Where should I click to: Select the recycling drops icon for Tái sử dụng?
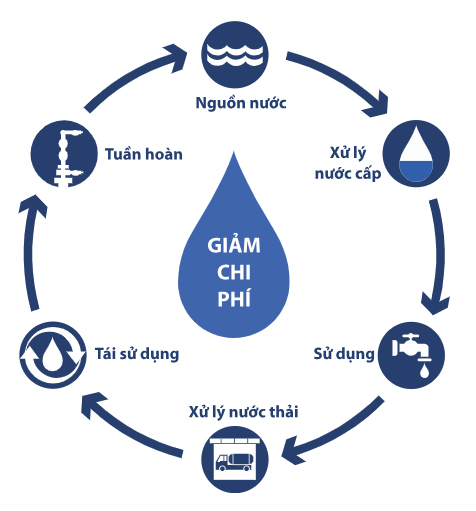point(50,353)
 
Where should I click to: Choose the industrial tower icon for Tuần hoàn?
point(62,155)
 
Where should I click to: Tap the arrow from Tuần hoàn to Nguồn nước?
point(125,75)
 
